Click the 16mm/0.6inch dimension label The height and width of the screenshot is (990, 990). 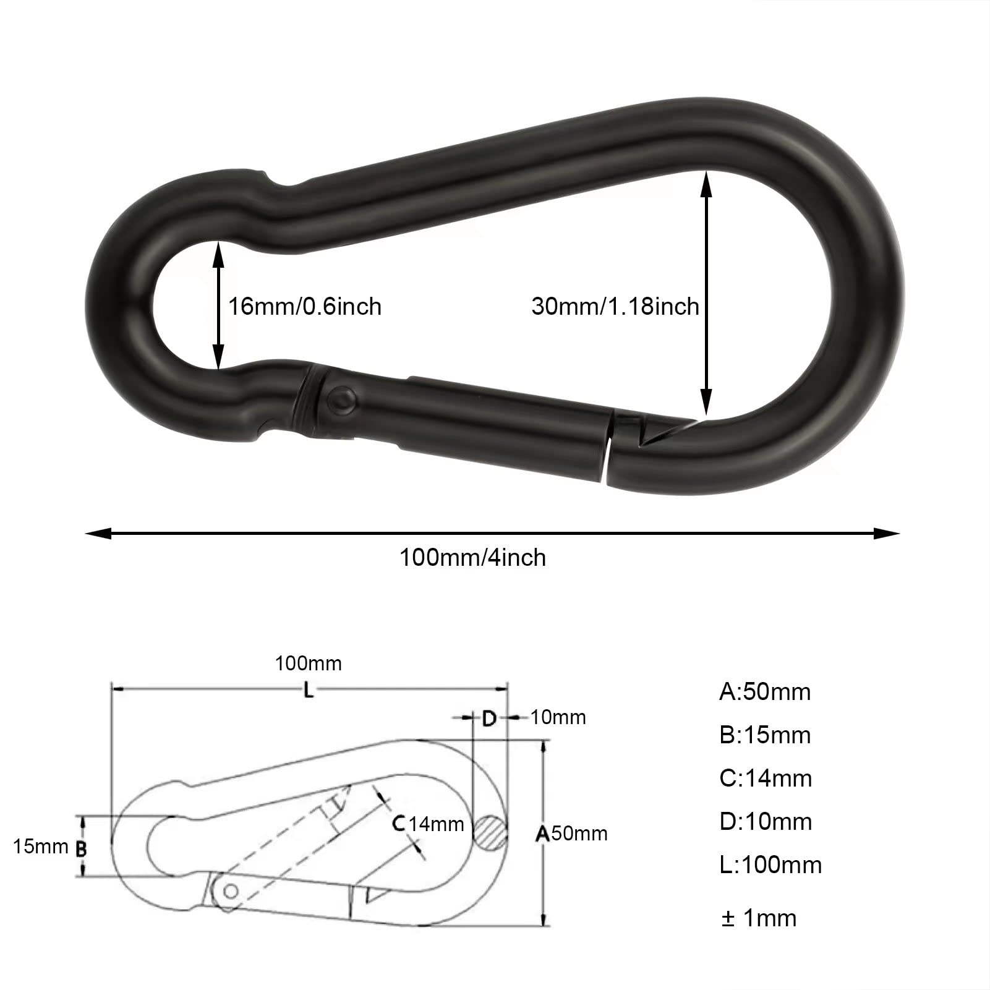point(305,307)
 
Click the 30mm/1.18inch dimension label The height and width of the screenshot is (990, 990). point(615,307)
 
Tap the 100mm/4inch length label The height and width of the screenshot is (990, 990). point(473,558)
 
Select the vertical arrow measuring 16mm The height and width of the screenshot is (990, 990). point(217,305)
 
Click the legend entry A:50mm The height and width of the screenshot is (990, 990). point(764,691)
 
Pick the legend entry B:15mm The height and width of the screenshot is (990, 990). point(764,735)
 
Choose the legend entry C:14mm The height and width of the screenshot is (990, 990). point(766,778)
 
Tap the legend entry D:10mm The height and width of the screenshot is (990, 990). point(766,821)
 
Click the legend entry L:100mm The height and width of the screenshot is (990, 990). point(770,864)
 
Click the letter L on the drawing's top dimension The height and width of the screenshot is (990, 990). point(309,690)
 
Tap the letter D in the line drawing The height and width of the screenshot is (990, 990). point(489,719)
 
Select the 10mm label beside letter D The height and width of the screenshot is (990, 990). point(558,717)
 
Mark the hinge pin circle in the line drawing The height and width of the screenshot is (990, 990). point(231,891)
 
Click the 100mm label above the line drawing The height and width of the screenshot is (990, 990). point(308,664)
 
